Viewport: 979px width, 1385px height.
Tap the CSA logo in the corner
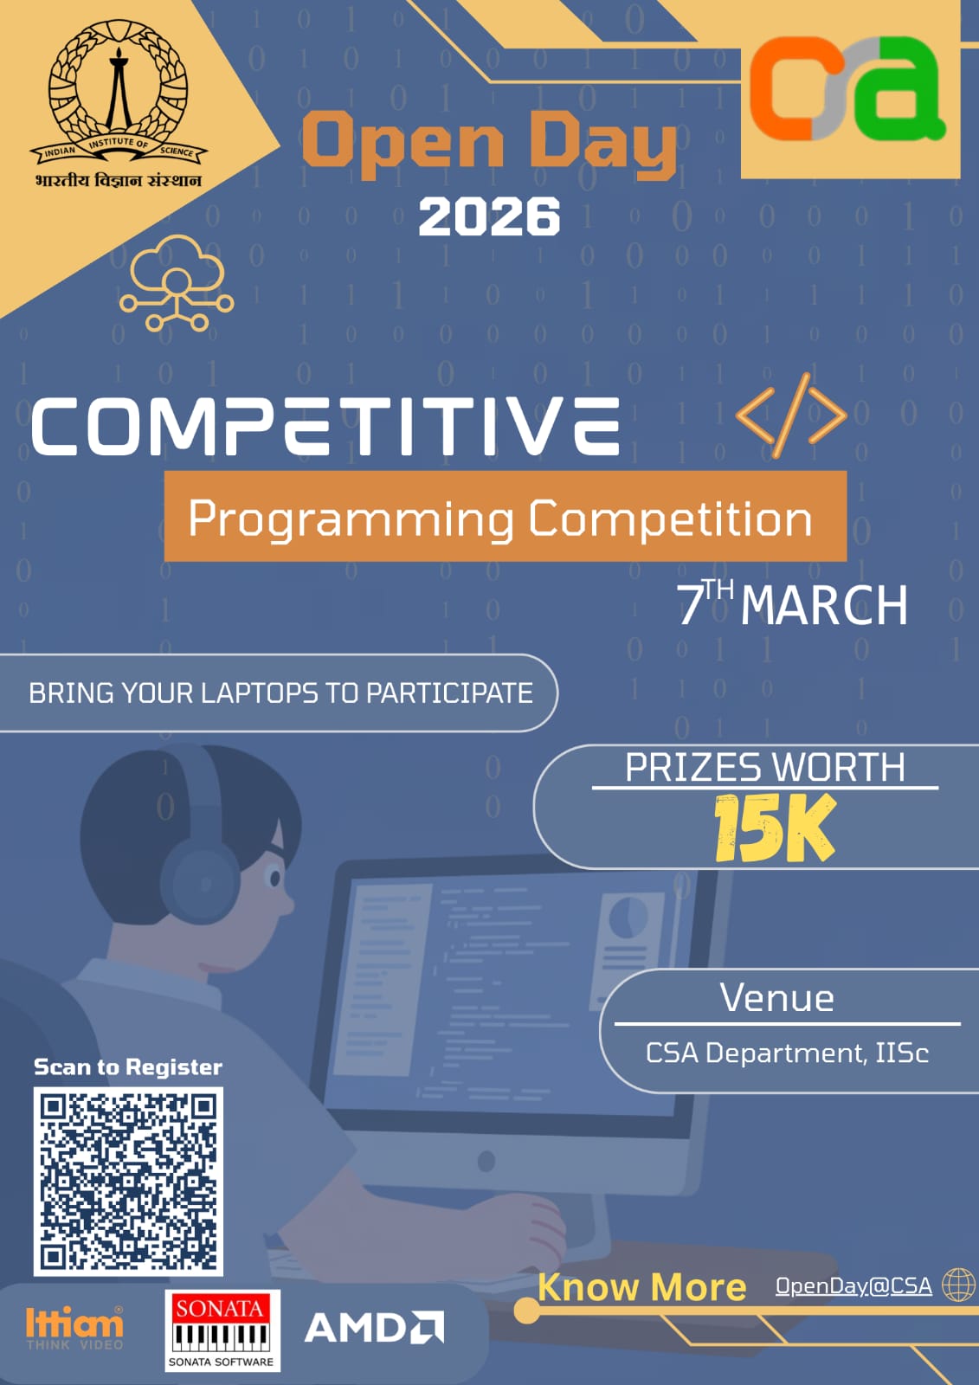point(848,89)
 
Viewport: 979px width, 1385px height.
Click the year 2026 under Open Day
point(489,216)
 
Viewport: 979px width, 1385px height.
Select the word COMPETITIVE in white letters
point(325,426)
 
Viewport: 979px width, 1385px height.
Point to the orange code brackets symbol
point(791,415)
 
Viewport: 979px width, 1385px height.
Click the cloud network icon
point(177,282)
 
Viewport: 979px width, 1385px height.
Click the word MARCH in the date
point(824,605)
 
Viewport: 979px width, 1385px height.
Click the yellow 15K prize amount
point(774,829)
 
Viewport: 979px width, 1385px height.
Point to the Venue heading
point(777,998)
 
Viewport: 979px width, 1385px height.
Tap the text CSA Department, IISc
point(787,1053)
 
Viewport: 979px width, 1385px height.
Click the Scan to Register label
point(128,1066)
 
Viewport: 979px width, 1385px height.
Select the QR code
point(128,1182)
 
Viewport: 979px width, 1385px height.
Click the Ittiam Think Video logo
point(74,1328)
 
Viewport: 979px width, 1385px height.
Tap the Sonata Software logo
point(222,1330)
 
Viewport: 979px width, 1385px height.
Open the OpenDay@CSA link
point(853,1286)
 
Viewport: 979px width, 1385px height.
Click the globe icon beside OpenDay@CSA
point(957,1285)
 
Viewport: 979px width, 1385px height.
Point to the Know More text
point(641,1287)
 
